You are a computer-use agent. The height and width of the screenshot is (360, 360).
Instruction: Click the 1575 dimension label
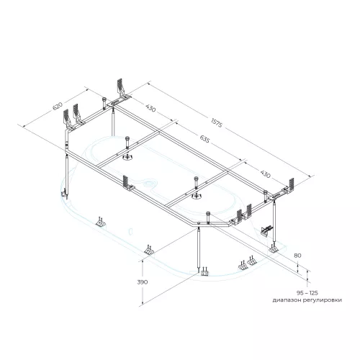click(217, 122)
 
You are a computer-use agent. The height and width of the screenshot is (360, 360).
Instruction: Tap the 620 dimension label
click(58, 107)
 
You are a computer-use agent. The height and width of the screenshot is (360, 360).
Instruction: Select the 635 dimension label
click(204, 139)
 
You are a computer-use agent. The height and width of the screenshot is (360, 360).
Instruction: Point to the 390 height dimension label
click(143, 282)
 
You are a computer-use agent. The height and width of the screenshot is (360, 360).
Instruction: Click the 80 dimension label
click(297, 256)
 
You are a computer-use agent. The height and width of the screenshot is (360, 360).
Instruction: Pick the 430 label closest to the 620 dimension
click(150, 108)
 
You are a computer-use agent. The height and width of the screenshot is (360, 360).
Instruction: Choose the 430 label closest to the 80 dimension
click(265, 174)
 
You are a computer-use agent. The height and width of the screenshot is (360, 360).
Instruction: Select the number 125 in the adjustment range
click(313, 293)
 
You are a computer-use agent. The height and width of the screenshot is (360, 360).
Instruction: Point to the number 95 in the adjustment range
click(300, 293)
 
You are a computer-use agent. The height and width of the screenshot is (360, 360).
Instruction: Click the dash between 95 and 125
click(306, 293)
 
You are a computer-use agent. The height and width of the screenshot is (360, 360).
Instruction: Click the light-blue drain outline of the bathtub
click(149, 183)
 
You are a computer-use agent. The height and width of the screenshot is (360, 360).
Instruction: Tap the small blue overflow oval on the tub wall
click(131, 231)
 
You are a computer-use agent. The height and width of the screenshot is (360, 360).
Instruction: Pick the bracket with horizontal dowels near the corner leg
click(266, 230)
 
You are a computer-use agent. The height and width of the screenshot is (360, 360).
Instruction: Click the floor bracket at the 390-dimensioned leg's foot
click(204, 272)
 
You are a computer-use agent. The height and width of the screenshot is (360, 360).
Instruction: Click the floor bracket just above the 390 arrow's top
click(149, 250)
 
